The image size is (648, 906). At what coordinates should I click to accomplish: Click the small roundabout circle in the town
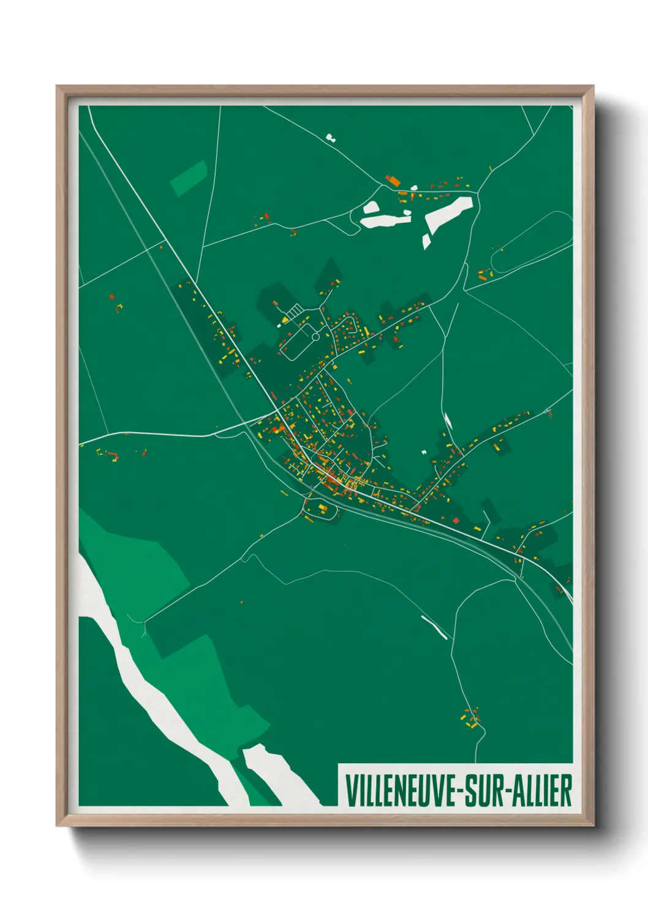[x=315, y=336]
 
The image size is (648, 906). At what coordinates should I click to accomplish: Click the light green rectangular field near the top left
[x=189, y=178]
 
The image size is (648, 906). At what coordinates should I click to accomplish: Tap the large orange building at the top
[x=393, y=181]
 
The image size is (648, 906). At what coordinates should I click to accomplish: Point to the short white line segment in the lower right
[x=434, y=626]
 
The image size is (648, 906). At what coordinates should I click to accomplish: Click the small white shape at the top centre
[x=331, y=138]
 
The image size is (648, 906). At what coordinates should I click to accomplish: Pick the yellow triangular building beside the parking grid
[x=285, y=320]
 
